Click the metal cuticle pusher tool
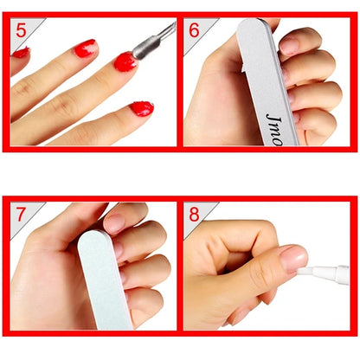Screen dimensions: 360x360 tap(153, 39)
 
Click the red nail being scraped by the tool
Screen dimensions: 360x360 tap(125, 61)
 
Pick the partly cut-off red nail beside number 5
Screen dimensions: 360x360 tap(21, 53)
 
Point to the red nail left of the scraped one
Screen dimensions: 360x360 tap(86, 48)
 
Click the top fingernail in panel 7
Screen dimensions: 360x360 tap(114, 222)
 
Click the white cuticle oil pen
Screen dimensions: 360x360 tap(325, 276)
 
